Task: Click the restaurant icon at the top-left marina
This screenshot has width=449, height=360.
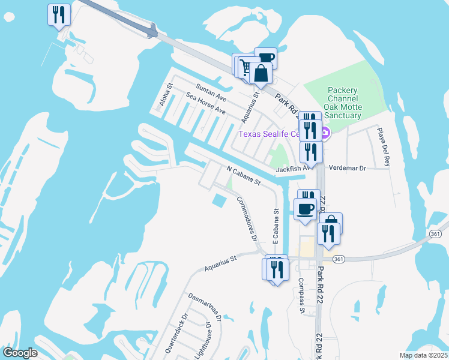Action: coord(59,15)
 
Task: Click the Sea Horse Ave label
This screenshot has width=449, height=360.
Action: coord(206,104)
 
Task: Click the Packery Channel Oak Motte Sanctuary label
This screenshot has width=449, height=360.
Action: coord(343,103)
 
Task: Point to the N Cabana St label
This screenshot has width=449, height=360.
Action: coord(243,175)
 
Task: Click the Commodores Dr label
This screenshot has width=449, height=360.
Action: coord(247,217)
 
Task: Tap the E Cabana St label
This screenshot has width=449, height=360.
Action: coord(276,230)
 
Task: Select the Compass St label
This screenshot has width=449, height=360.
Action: coord(301,295)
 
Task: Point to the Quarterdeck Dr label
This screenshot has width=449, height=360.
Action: coord(176,332)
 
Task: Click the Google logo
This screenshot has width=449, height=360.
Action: coord(20,353)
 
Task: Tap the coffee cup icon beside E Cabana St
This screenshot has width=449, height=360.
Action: coord(306,209)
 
